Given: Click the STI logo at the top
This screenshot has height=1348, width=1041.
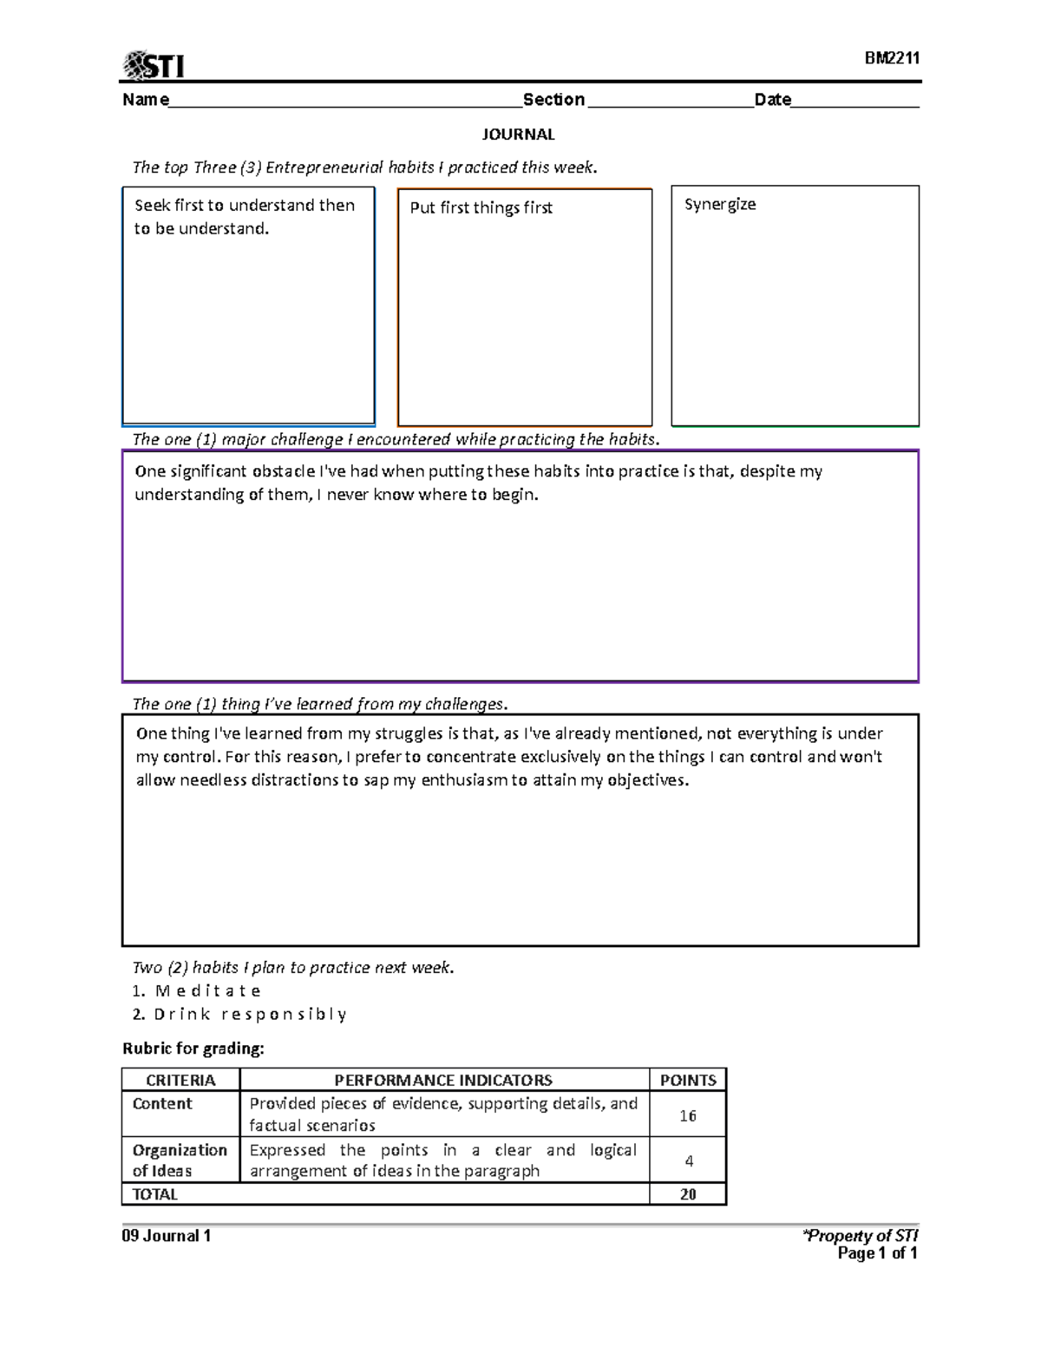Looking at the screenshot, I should tap(154, 65).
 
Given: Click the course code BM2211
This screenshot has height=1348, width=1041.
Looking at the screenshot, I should tap(891, 58).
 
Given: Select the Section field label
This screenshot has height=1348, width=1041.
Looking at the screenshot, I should tap(553, 100).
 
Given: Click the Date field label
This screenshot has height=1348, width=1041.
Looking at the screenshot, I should tap(772, 100).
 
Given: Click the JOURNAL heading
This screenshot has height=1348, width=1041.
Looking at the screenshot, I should tap(518, 135).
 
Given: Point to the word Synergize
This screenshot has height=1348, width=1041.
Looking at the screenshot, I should tap(719, 205).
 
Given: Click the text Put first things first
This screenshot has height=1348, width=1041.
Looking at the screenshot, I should tap(481, 207).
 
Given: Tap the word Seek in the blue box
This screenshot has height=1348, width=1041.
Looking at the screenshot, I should tap(152, 206).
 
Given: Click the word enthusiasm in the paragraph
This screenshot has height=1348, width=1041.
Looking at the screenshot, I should tap(464, 780).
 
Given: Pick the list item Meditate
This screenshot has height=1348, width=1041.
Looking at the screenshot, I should tap(207, 991).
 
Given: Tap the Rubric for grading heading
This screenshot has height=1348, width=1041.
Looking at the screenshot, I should tap(193, 1049).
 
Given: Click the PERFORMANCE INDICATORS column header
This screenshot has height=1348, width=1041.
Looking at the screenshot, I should tap(443, 1081).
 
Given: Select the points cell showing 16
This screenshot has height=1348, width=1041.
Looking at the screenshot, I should tap(688, 1115).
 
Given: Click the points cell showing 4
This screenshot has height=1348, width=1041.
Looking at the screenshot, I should tap(689, 1161).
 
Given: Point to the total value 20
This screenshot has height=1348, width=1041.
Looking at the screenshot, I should tap(688, 1195).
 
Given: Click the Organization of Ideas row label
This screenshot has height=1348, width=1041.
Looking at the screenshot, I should tap(179, 1161).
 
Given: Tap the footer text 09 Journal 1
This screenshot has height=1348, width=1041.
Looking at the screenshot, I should tap(167, 1236).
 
